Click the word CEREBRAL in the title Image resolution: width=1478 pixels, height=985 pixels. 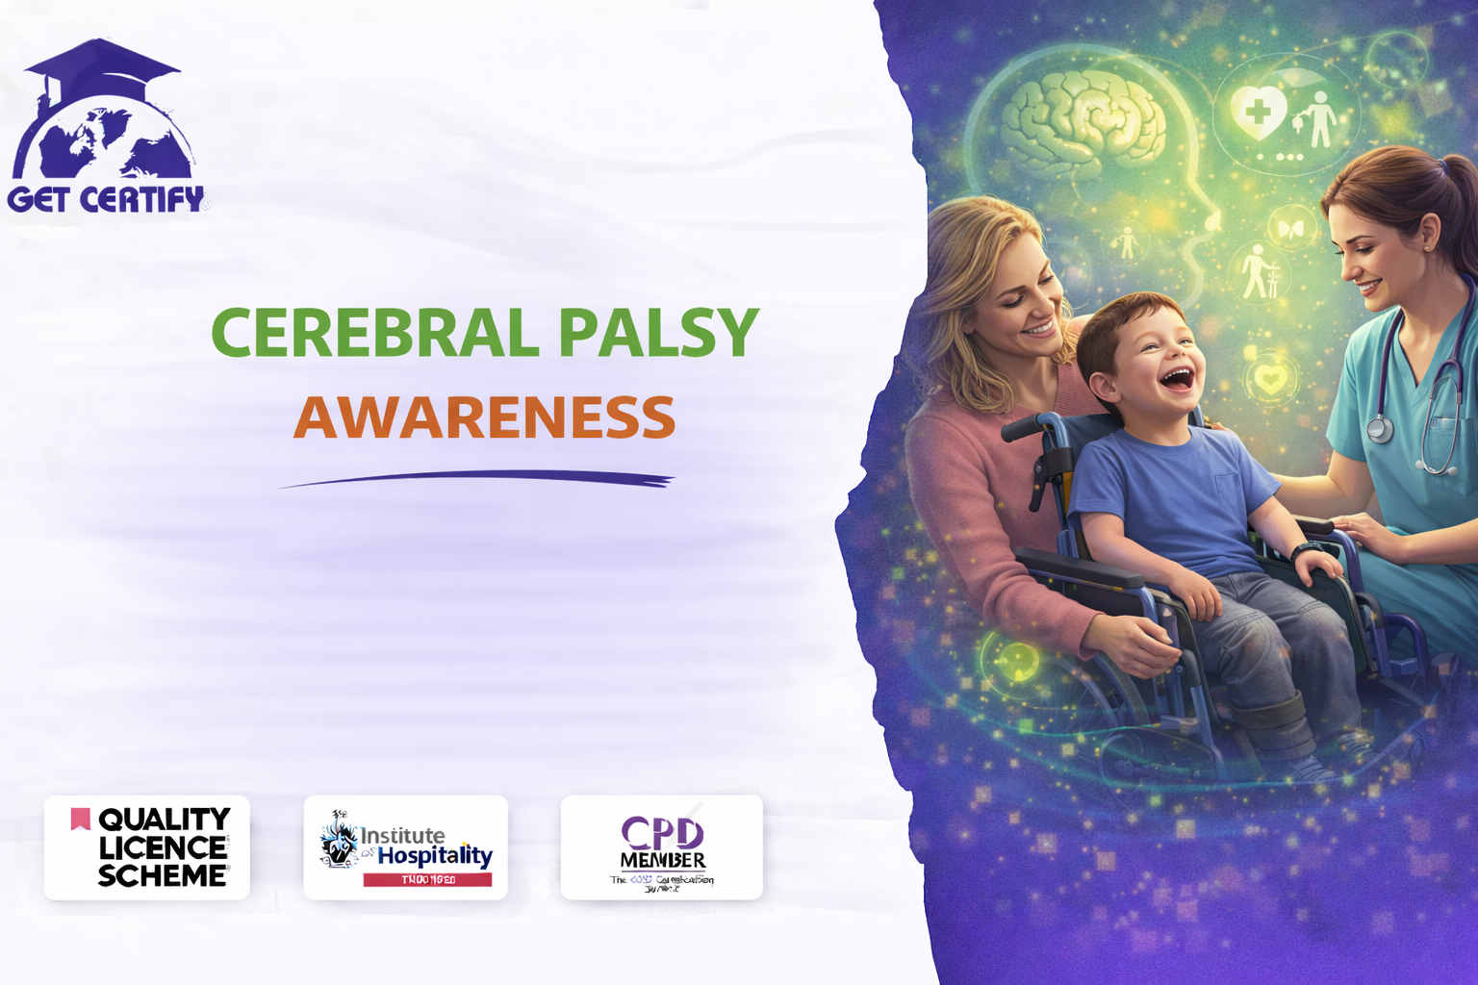tap(374, 333)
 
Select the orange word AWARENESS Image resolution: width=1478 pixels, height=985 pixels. tap(484, 417)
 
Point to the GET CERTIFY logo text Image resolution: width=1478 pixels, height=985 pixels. tap(106, 199)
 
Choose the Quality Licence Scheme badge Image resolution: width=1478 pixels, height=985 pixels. tap(147, 847)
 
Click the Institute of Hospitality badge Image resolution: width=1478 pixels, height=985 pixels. tap(405, 847)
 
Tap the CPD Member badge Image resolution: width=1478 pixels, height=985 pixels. tap(662, 847)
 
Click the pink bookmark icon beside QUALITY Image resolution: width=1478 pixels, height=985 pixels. tap(80, 819)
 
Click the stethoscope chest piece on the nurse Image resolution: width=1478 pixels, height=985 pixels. tap(1379, 428)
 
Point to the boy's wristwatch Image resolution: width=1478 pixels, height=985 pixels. tap(1306, 550)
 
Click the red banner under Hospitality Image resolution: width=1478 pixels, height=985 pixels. tap(427, 879)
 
